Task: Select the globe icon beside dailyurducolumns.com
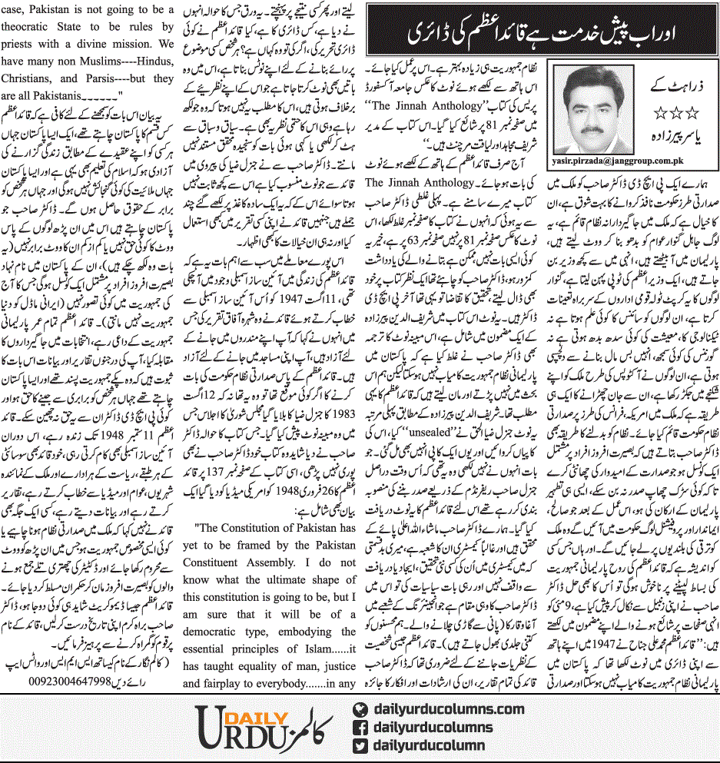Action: tap(359, 709)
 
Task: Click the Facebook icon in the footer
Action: tap(359, 727)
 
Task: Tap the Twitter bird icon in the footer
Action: tap(359, 745)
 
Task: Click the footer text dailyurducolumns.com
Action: tap(447, 709)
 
